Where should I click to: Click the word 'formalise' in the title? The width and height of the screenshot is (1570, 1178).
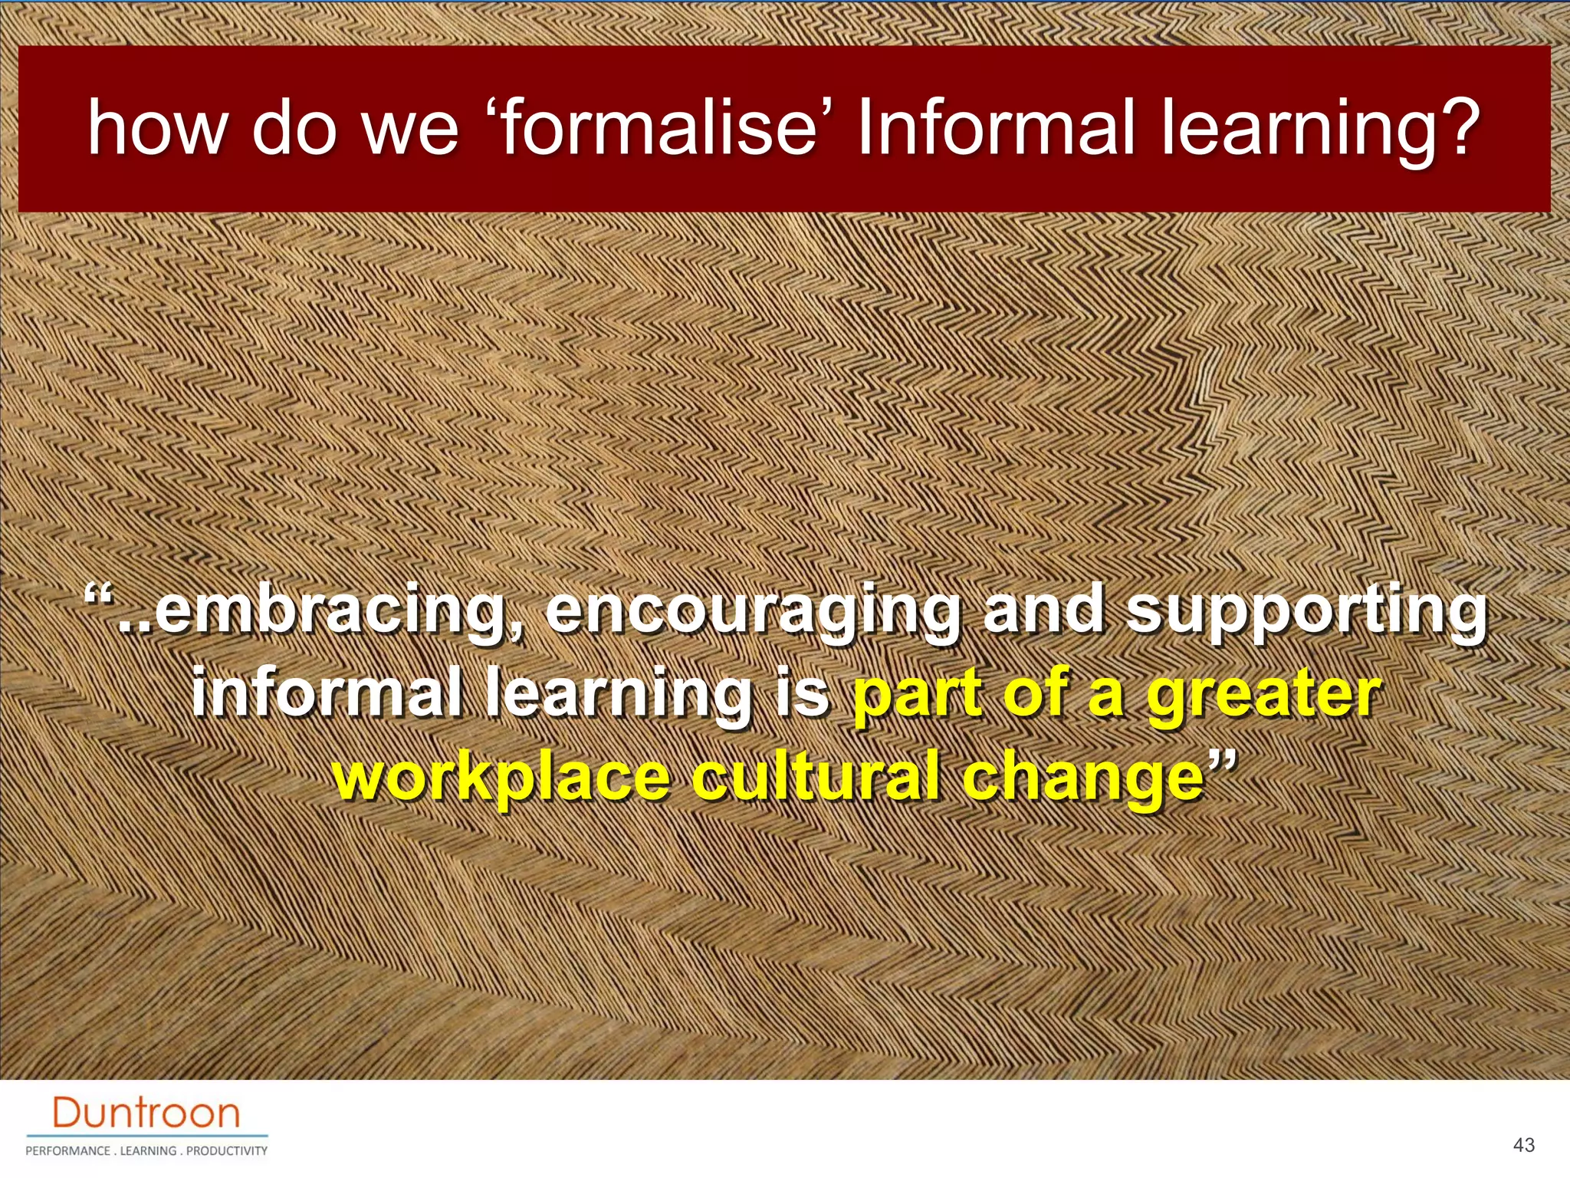click(x=659, y=128)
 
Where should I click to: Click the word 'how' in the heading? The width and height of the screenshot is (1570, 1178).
click(x=157, y=128)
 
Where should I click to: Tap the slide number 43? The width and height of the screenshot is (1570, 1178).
click(x=1524, y=1145)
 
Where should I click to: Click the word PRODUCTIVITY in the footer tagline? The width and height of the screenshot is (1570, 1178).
click(x=227, y=1151)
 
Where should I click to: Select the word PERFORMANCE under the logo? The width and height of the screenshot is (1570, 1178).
click(x=67, y=1151)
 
